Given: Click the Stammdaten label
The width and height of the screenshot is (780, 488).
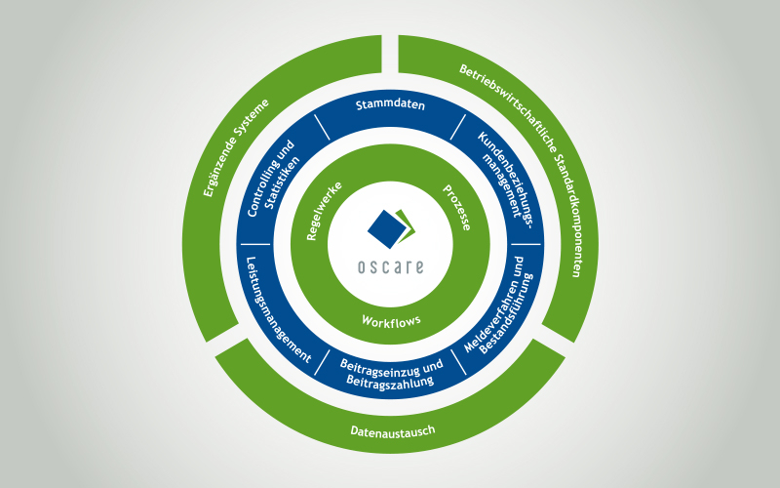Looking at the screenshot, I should [x=390, y=106].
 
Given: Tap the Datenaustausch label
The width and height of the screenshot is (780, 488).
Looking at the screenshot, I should [x=390, y=430].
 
